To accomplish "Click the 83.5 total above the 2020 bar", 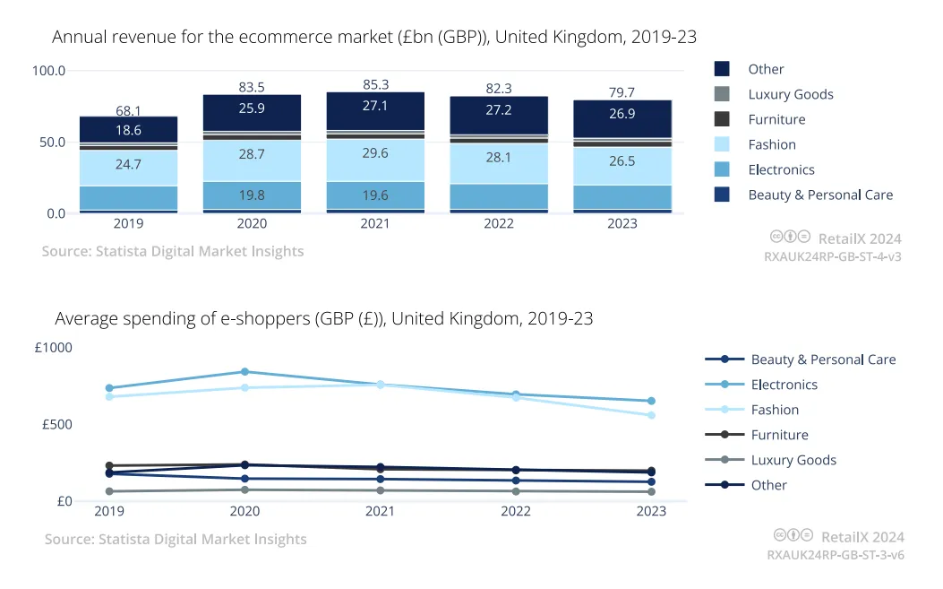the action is [252, 87].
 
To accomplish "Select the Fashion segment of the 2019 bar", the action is [129, 168].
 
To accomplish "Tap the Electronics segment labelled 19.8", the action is [252, 195].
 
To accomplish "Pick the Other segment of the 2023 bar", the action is [622, 119].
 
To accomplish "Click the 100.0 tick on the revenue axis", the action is [48, 71].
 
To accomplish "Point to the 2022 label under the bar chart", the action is [499, 223].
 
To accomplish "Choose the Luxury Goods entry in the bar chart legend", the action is [774, 94].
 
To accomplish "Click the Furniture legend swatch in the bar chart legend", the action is [723, 119].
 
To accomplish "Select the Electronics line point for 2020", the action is [244, 372].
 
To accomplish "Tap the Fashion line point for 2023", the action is [651, 416].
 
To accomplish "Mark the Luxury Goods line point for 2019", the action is [109, 491].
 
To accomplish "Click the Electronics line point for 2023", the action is [651, 401].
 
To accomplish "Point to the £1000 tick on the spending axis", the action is [54, 348].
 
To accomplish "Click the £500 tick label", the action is [57, 425].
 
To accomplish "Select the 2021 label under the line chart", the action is [380, 511].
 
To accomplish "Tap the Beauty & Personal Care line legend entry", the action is [801, 359].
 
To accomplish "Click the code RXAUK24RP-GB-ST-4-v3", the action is [833, 256].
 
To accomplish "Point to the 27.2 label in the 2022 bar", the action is [499, 109].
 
